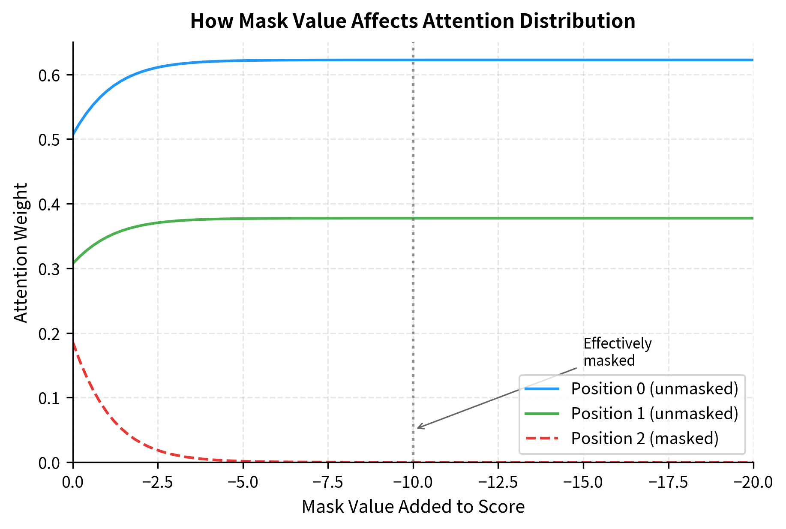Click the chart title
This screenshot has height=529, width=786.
[x=412, y=21]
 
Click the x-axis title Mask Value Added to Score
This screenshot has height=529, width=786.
[x=413, y=507]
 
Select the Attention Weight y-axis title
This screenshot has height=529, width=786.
[x=21, y=252]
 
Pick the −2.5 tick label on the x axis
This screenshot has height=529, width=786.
[x=158, y=482]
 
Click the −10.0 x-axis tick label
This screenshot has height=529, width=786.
[x=413, y=482]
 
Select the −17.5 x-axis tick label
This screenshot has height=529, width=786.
[x=668, y=482]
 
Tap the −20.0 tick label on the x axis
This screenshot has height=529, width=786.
[x=753, y=482]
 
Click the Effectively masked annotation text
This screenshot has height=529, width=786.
[x=617, y=352]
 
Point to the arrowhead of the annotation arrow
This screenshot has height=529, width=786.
[x=418, y=428]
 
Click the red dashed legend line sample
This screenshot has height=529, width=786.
[x=542, y=438]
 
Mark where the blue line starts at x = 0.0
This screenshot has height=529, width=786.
[x=73, y=135]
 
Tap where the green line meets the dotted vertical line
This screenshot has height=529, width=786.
[x=413, y=218]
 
